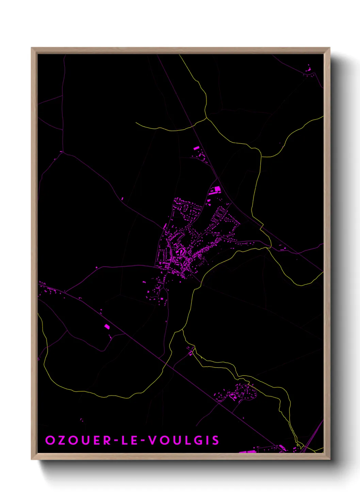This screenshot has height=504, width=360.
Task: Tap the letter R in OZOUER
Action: tap(108, 440)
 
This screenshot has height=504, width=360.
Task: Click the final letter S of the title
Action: tap(215, 440)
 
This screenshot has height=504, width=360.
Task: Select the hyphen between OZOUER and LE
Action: tap(117, 441)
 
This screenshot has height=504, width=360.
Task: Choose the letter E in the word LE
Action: tap(134, 440)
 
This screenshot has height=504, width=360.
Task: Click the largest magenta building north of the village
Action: tap(217, 189)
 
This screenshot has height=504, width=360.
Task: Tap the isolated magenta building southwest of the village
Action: tap(107, 327)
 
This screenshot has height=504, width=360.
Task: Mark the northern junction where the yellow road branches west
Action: tap(206, 118)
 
